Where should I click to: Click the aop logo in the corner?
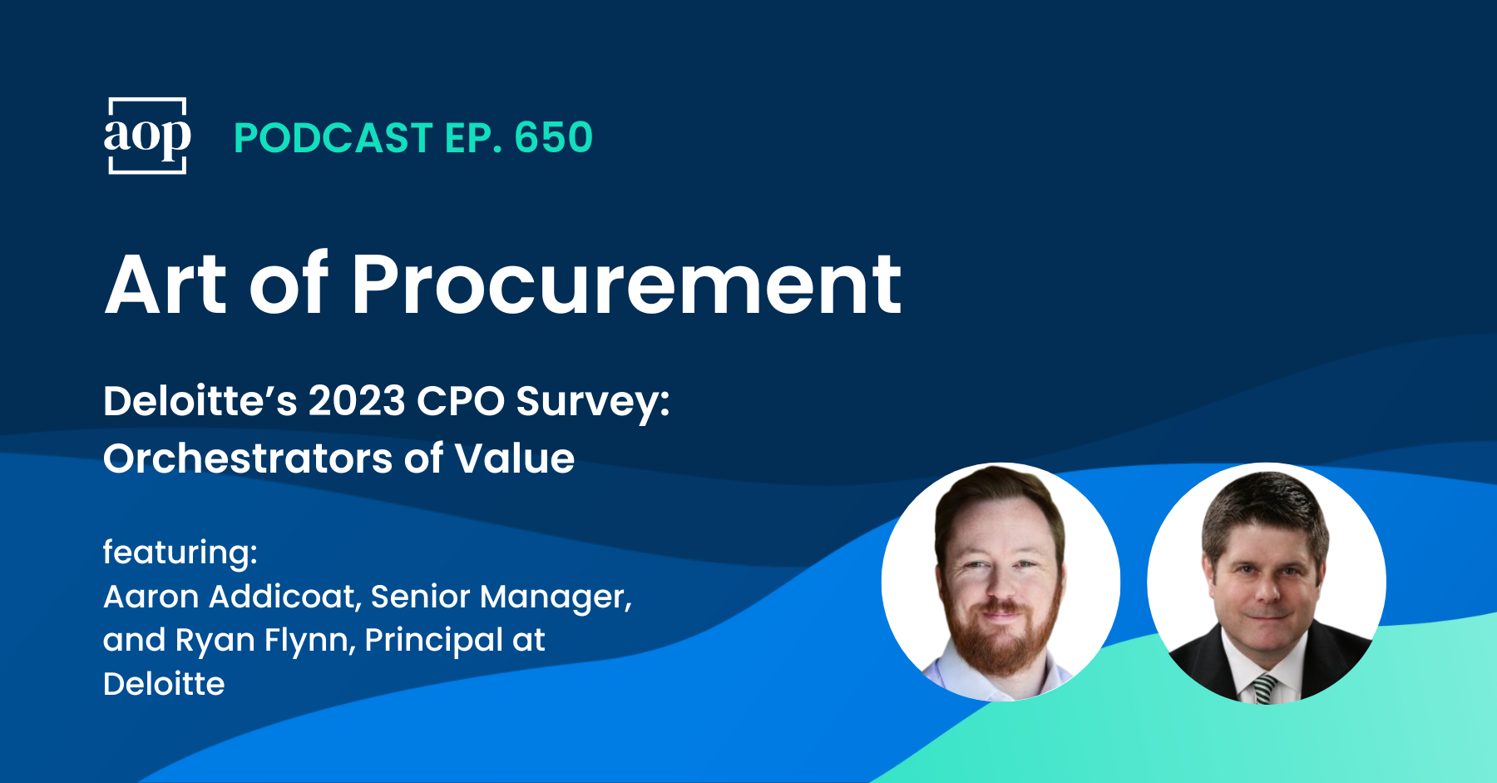click(147, 136)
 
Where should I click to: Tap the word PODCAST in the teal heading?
click(333, 138)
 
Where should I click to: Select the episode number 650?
click(553, 138)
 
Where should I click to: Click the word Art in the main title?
click(166, 285)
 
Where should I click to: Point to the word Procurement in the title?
click(626, 285)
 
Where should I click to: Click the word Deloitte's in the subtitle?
click(200, 401)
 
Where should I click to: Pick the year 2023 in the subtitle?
click(357, 401)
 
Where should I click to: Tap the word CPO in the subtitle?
click(460, 401)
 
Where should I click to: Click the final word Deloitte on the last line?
click(164, 684)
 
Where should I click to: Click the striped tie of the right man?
click(1265, 689)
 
